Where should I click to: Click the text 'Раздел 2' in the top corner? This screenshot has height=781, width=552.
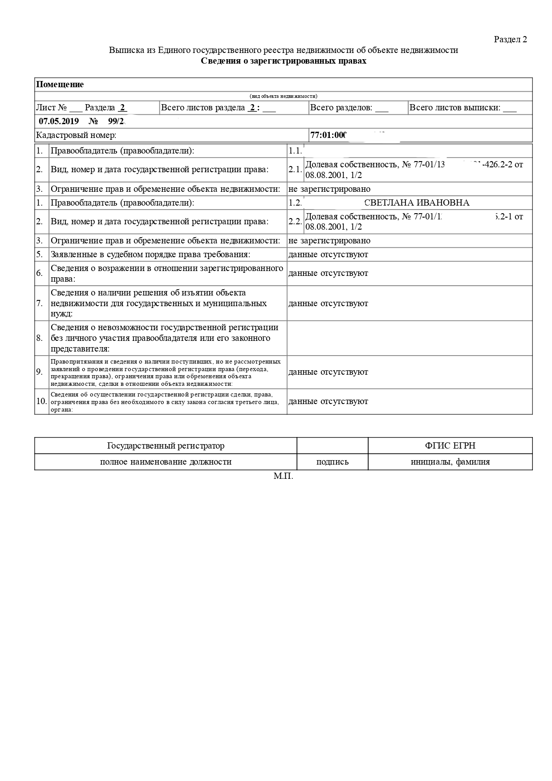(510, 39)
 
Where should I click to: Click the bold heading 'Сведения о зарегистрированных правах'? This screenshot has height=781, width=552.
(284, 61)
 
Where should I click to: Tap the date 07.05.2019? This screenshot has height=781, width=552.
(59, 121)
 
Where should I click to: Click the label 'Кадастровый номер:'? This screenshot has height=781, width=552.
(76, 135)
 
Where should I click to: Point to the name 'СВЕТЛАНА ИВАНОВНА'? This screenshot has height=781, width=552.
(416, 203)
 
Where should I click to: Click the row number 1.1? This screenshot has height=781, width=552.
(295, 150)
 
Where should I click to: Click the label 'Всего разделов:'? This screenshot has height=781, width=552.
(341, 108)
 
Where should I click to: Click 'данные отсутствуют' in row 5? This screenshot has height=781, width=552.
(328, 255)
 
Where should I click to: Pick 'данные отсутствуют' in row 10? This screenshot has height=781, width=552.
(328, 401)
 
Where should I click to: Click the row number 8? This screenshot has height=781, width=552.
(40, 338)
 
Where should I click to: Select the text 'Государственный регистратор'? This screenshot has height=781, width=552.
(166, 446)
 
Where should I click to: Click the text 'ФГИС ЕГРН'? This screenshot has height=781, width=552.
(450, 446)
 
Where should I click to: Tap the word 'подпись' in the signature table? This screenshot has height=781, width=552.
(332, 462)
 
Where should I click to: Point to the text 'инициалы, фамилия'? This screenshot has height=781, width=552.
(450, 462)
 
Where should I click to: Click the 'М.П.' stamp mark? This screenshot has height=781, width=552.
(283, 477)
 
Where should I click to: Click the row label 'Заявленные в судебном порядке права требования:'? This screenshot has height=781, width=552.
(150, 255)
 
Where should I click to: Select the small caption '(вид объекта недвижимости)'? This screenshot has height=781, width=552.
(284, 96)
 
